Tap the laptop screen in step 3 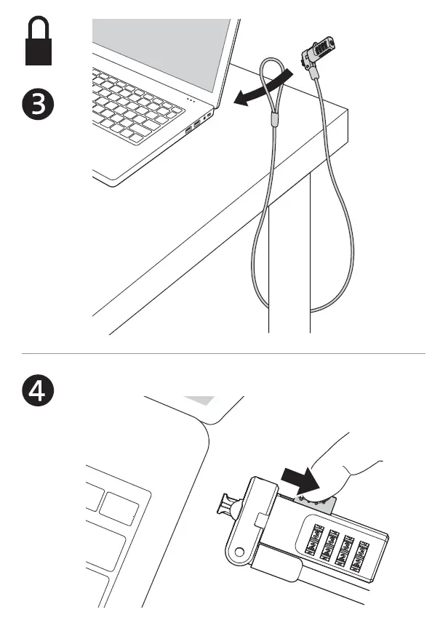click(164, 44)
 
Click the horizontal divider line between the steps click(218, 353)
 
